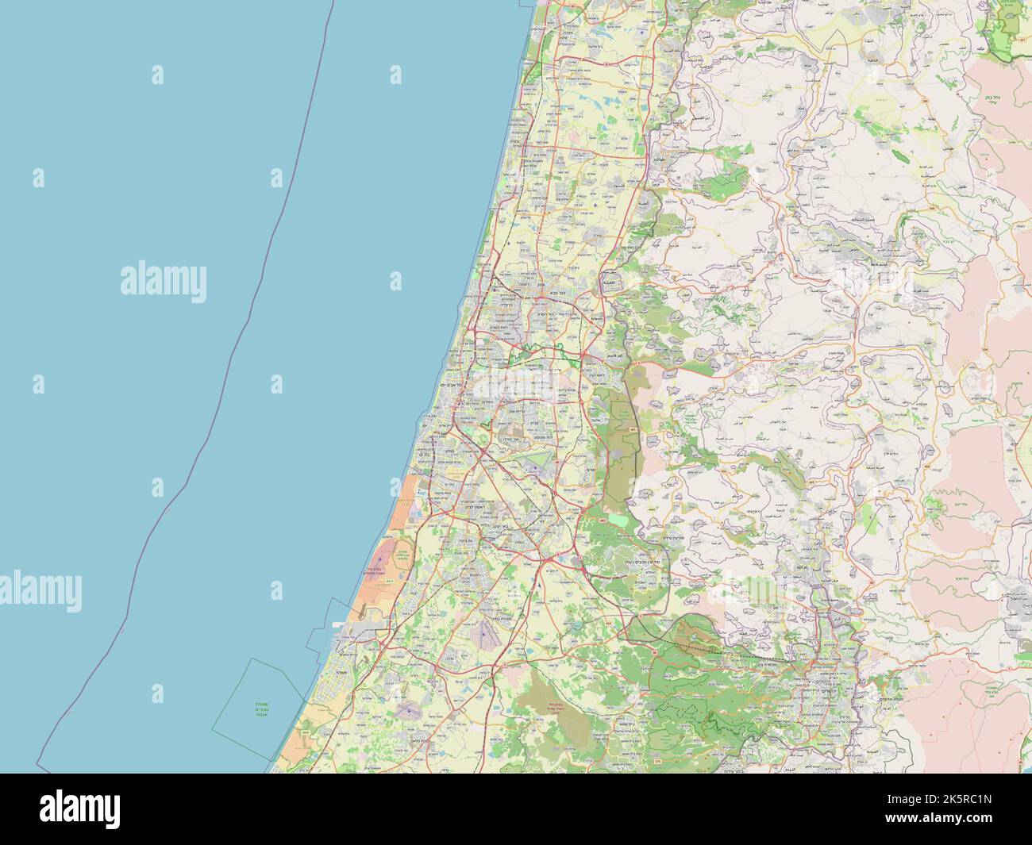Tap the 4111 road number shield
[x=388, y=582]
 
